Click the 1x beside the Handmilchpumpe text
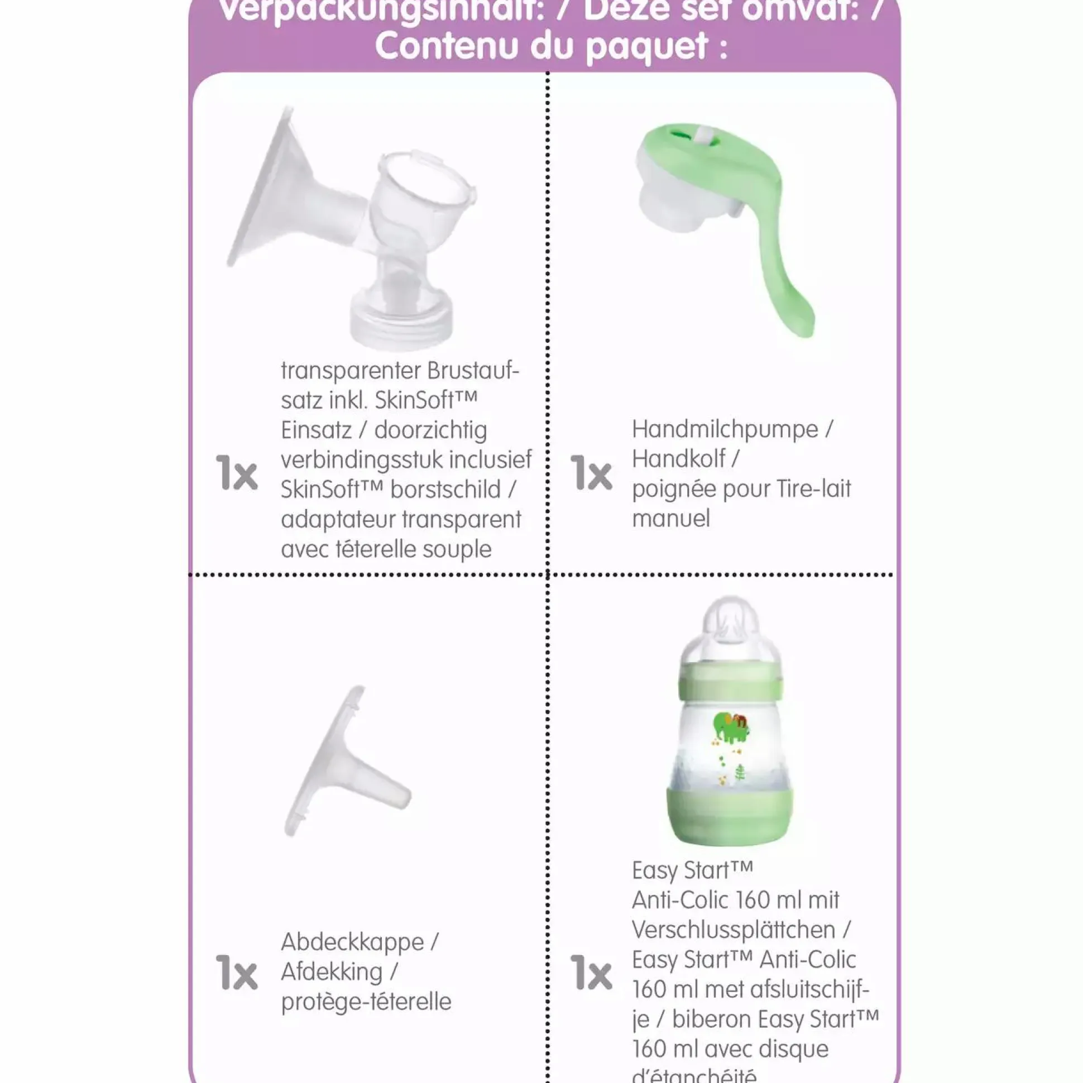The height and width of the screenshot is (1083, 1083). [x=591, y=472]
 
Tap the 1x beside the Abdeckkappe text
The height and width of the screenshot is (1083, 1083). [x=237, y=972]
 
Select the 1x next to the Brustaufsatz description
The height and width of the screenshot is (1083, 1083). [x=237, y=472]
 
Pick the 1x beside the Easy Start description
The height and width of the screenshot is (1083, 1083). [x=591, y=972]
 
